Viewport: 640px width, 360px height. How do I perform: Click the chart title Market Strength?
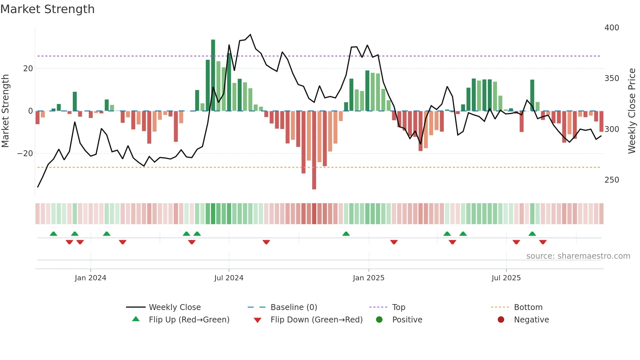tap(47, 9)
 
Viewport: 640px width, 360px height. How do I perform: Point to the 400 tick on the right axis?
tap(612, 28)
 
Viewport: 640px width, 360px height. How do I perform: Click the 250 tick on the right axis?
tap(612, 180)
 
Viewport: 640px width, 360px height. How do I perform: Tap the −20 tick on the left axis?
tap(25, 154)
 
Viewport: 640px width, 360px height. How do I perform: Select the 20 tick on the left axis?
tap(28, 69)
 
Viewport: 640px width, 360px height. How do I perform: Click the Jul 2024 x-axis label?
tap(229, 278)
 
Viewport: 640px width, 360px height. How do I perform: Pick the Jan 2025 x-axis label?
tap(368, 278)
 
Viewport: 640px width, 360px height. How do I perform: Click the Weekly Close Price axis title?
tap(632, 111)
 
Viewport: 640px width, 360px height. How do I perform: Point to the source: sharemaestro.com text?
tap(578, 256)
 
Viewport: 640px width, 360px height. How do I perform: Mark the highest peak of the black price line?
tap(250, 35)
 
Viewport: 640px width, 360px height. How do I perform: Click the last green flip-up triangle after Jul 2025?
tap(532, 234)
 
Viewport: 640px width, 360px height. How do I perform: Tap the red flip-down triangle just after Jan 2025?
tap(394, 242)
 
